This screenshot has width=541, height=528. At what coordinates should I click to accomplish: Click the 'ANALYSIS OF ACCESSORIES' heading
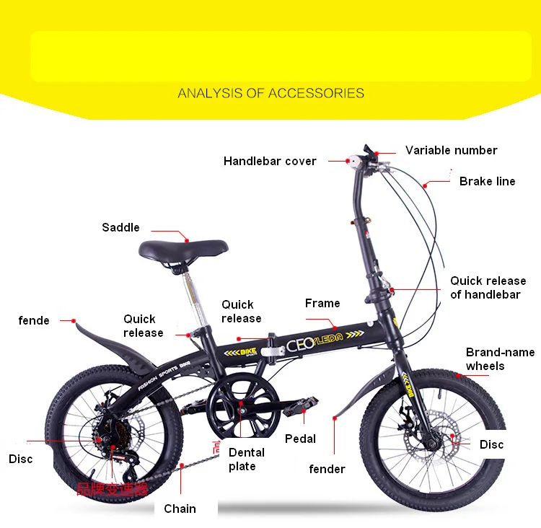tap(270, 93)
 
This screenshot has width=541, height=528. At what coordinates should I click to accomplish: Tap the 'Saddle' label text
tap(120, 227)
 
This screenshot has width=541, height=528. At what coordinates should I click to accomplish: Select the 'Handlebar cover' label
tap(270, 161)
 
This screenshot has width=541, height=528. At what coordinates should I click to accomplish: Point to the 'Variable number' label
tap(451, 150)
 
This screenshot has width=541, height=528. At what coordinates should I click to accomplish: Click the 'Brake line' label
tap(487, 181)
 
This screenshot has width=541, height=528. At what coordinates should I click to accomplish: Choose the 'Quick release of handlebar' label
tap(488, 287)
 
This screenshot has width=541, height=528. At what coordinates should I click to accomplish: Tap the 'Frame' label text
tap(322, 303)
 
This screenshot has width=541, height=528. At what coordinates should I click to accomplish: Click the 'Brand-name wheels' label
tap(500, 359)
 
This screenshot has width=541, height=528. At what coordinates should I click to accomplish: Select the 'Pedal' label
tap(300, 439)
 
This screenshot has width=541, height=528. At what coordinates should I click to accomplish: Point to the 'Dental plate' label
tap(246, 459)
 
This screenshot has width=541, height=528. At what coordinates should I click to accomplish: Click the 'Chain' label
tap(180, 509)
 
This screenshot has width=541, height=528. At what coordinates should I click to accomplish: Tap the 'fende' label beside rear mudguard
tap(34, 320)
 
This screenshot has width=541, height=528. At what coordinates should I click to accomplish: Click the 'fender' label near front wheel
tap(327, 469)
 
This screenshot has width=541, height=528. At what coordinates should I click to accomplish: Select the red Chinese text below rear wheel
tap(112, 490)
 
